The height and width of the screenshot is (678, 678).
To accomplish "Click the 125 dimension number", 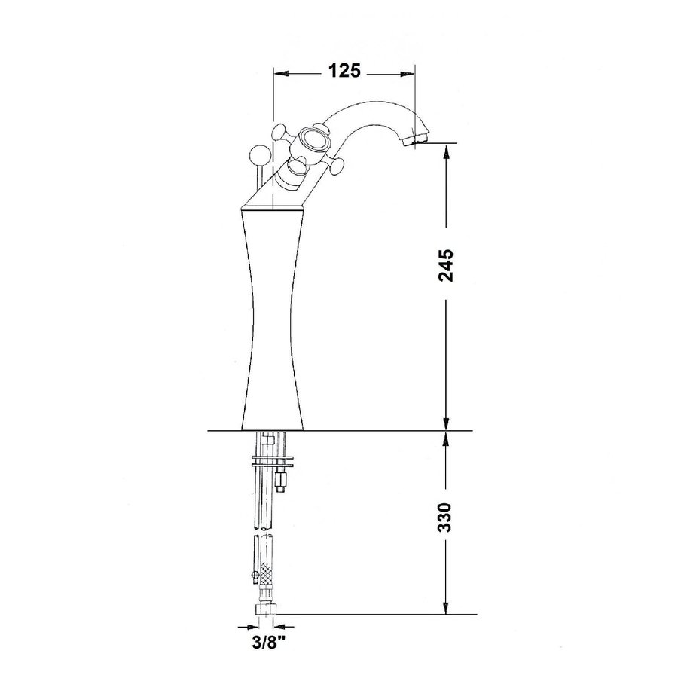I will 344,72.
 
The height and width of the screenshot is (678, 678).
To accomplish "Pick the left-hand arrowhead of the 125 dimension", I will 279,73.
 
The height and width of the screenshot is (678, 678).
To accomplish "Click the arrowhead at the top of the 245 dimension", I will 447,150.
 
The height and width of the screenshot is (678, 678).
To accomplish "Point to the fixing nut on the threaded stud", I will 282,477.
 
